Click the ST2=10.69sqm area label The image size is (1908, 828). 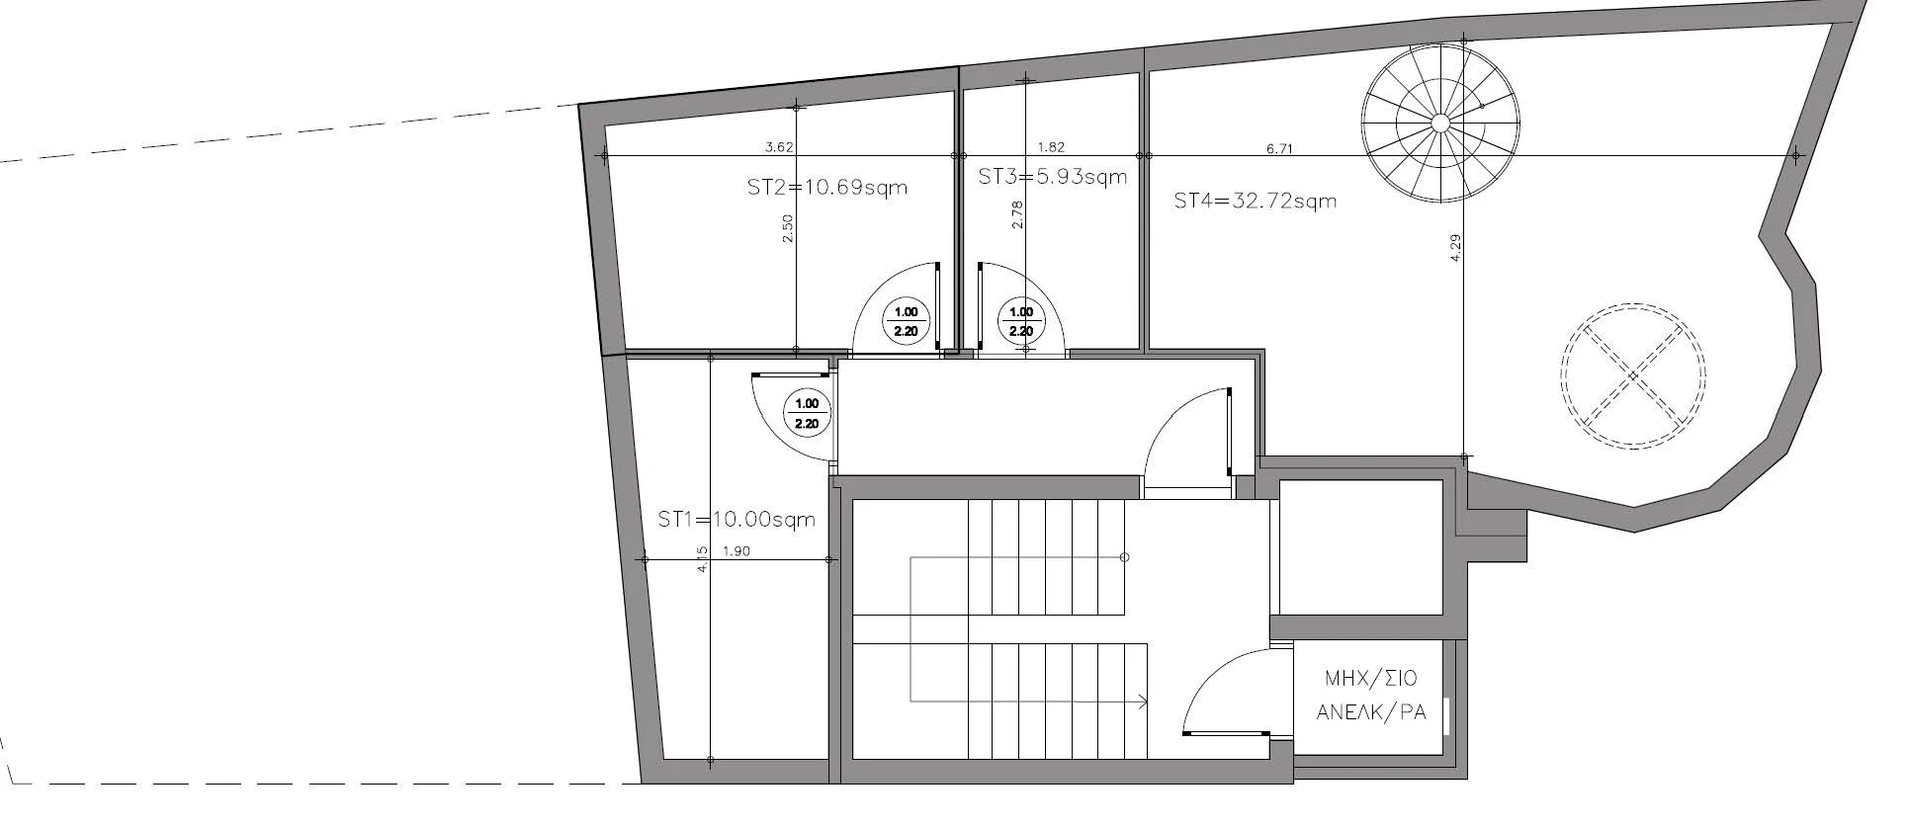[x=827, y=187]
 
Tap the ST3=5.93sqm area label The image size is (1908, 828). [x=1053, y=177]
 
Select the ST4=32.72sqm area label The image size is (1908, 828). [x=1256, y=202]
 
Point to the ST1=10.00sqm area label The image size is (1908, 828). [x=737, y=519]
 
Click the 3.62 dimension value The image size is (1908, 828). [x=780, y=148]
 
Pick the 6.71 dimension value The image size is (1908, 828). [x=1279, y=149]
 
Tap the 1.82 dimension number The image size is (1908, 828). [x=1051, y=148]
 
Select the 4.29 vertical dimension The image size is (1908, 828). [x=1455, y=246]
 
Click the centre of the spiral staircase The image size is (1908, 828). [x=1440, y=123]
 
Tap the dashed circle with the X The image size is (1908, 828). [x=1633, y=376]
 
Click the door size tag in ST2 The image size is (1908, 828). [x=906, y=322]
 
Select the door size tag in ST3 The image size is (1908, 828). [x=1020, y=322]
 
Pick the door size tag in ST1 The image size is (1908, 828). [x=807, y=414]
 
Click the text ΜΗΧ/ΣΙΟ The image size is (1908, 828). [x=1371, y=679]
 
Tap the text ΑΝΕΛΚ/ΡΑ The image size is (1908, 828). [x=1371, y=712]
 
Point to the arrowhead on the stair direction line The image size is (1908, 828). [x=1142, y=702]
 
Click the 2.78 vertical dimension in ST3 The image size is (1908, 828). [x=1017, y=214]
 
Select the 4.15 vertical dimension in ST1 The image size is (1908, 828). [x=702, y=559]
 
